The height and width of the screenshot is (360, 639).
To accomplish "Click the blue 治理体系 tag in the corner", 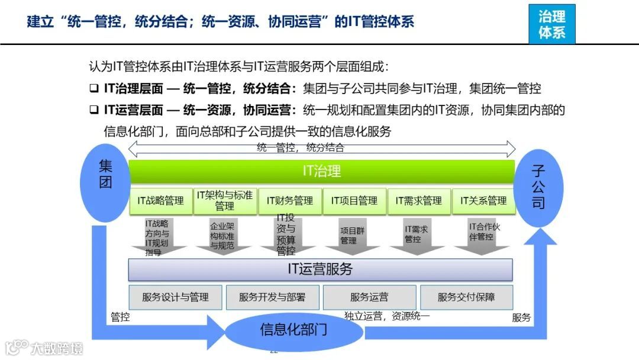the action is (551, 24).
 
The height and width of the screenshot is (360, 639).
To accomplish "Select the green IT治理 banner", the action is (321, 172).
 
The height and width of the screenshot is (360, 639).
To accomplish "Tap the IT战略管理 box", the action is (161, 201).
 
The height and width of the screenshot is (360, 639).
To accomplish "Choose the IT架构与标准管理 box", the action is (225, 201).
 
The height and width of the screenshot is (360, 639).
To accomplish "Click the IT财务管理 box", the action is (289, 201).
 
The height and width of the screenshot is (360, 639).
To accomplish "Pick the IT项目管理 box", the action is (354, 201).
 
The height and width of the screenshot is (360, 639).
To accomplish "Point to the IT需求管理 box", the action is (418, 201).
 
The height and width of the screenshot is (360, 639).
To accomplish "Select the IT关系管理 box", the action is (483, 201).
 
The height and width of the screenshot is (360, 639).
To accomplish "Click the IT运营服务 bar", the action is (320, 269).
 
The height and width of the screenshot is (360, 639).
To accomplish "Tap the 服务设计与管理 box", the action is (175, 297).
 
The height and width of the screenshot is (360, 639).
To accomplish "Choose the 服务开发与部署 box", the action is (272, 297).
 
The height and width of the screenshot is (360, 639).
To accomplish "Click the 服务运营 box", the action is (369, 297).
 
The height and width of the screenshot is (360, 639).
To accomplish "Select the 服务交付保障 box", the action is (466, 297).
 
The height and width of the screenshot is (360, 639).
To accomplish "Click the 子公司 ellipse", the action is (538, 188).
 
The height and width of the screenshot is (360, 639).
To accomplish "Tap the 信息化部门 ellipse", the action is (293, 330).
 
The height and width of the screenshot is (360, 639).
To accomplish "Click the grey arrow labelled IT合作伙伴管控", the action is (481, 234).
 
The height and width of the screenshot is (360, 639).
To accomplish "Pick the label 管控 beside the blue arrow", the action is (120, 317).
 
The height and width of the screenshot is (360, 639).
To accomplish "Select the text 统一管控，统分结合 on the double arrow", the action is (301, 148).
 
